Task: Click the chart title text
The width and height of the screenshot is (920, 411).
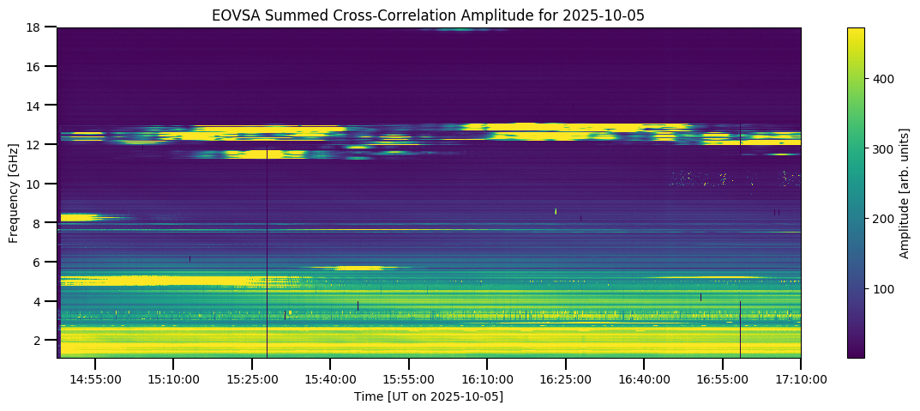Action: pyautogui.click(x=429, y=15)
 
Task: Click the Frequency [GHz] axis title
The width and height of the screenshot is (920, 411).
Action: pyautogui.click(x=14, y=192)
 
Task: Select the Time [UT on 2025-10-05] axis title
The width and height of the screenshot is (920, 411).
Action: pyautogui.click(x=429, y=396)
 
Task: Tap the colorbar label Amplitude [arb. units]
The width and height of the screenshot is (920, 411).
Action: pyautogui.click(x=904, y=192)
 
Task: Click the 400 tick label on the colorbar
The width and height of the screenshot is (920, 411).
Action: pyautogui.click(x=885, y=78)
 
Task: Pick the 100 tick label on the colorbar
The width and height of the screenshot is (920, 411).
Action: pyautogui.click(x=885, y=289)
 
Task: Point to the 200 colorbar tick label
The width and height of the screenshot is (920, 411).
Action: pyautogui.click(x=885, y=219)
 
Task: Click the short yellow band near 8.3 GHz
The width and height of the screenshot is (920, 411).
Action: pyautogui.click(x=77, y=218)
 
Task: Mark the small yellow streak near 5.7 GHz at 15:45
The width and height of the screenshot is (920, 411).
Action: pyautogui.click(x=359, y=268)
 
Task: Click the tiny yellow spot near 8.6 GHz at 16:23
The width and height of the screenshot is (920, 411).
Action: pyautogui.click(x=556, y=210)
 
